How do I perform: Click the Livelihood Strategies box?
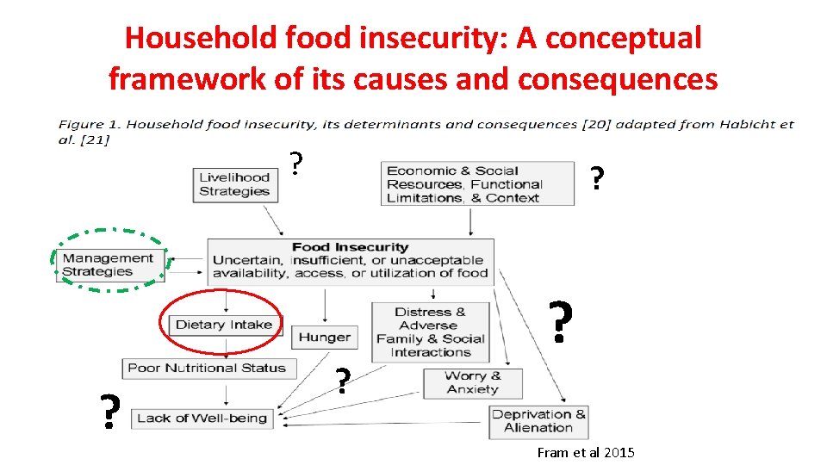tap(235, 184)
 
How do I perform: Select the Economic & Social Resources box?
tap(477, 183)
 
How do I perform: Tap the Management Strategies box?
tap(109, 264)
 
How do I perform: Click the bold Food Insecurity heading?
tap(350, 247)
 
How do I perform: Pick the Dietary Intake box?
tap(223, 325)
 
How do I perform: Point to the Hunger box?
tap(324, 338)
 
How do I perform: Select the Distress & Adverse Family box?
tap(430, 332)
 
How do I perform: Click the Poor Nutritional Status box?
tap(207, 368)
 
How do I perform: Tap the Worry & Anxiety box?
tap(472, 382)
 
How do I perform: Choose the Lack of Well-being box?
tap(202, 418)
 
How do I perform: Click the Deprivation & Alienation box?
tap(538, 421)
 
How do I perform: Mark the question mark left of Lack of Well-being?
tap(109, 412)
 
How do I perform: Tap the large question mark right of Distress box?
tap(561, 322)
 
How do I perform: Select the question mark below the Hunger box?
tap(343, 381)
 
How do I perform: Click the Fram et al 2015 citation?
tap(585, 452)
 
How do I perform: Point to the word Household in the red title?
tap(197, 38)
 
